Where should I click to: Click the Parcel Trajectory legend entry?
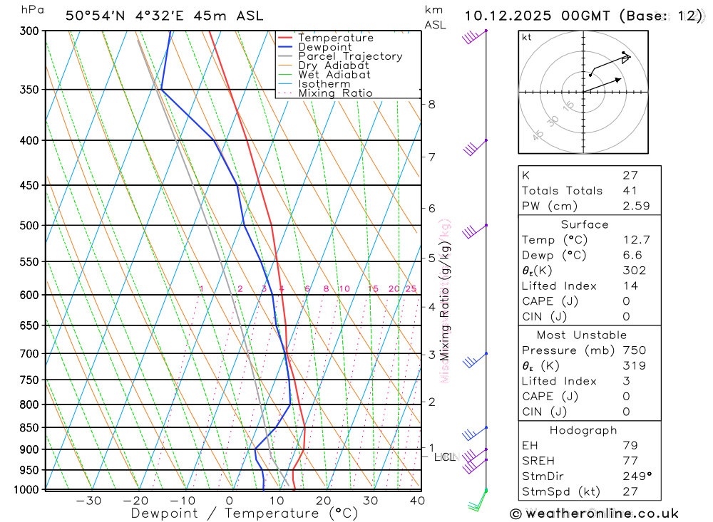(350, 56)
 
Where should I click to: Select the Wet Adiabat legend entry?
(334, 75)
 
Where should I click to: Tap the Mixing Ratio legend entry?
(335, 93)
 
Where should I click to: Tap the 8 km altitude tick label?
(431, 104)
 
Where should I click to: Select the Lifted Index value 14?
(630, 286)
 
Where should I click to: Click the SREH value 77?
(630, 460)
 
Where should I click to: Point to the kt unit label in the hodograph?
(526, 37)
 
